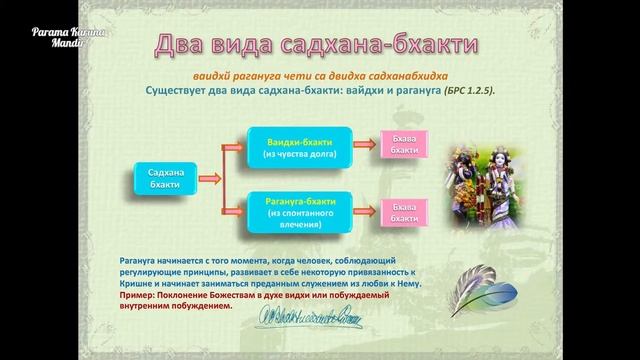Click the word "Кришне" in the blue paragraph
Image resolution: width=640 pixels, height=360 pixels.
[x=136, y=283]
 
